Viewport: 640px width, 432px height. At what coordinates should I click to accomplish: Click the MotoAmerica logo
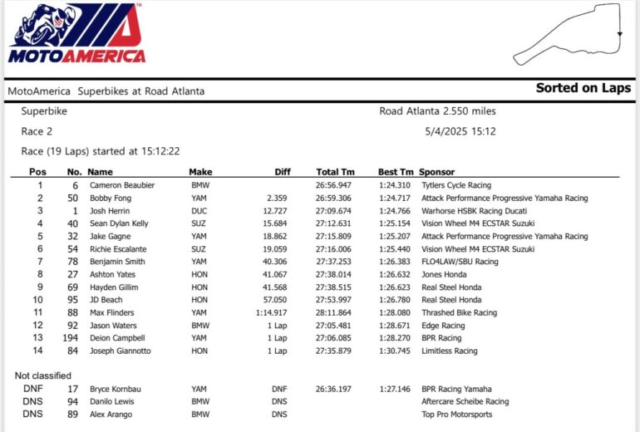click(x=76, y=35)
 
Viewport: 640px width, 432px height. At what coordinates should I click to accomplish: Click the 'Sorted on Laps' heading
click(x=583, y=88)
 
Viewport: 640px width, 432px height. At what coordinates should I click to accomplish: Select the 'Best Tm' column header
click(x=395, y=172)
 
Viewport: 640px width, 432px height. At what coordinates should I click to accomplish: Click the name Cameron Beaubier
click(x=123, y=185)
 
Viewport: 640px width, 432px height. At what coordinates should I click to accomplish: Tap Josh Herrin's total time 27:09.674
click(x=333, y=211)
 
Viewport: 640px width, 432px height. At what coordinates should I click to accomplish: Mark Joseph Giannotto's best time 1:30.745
click(x=395, y=351)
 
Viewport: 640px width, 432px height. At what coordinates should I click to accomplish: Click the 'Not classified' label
click(x=42, y=376)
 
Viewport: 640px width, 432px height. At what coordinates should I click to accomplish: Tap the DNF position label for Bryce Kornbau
click(x=32, y=389)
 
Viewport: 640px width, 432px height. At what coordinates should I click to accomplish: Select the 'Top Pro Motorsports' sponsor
click(x=456, y=414)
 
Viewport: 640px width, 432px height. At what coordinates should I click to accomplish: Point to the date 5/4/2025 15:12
click(x=460, y=131)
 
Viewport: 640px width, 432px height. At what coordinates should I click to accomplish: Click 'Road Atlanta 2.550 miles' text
click(x=438, y=110)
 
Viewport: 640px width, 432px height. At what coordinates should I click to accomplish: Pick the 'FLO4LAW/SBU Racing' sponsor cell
click(x=460, y=262)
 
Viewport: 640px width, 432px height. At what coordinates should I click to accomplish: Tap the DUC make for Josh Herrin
click(x=199, y=211)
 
